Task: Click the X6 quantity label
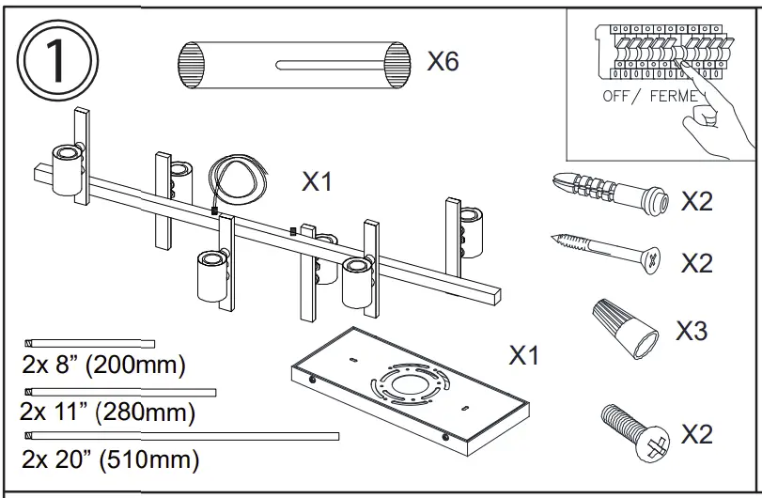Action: (443, 62)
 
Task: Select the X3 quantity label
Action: (692, 331)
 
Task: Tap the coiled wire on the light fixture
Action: (235, 179)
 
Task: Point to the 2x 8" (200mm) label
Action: (104, 364)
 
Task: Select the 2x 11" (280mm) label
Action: (107, 412)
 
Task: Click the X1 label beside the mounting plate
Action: (524, 356)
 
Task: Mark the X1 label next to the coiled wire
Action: (317, 181)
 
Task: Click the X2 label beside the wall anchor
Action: (696, 201)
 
